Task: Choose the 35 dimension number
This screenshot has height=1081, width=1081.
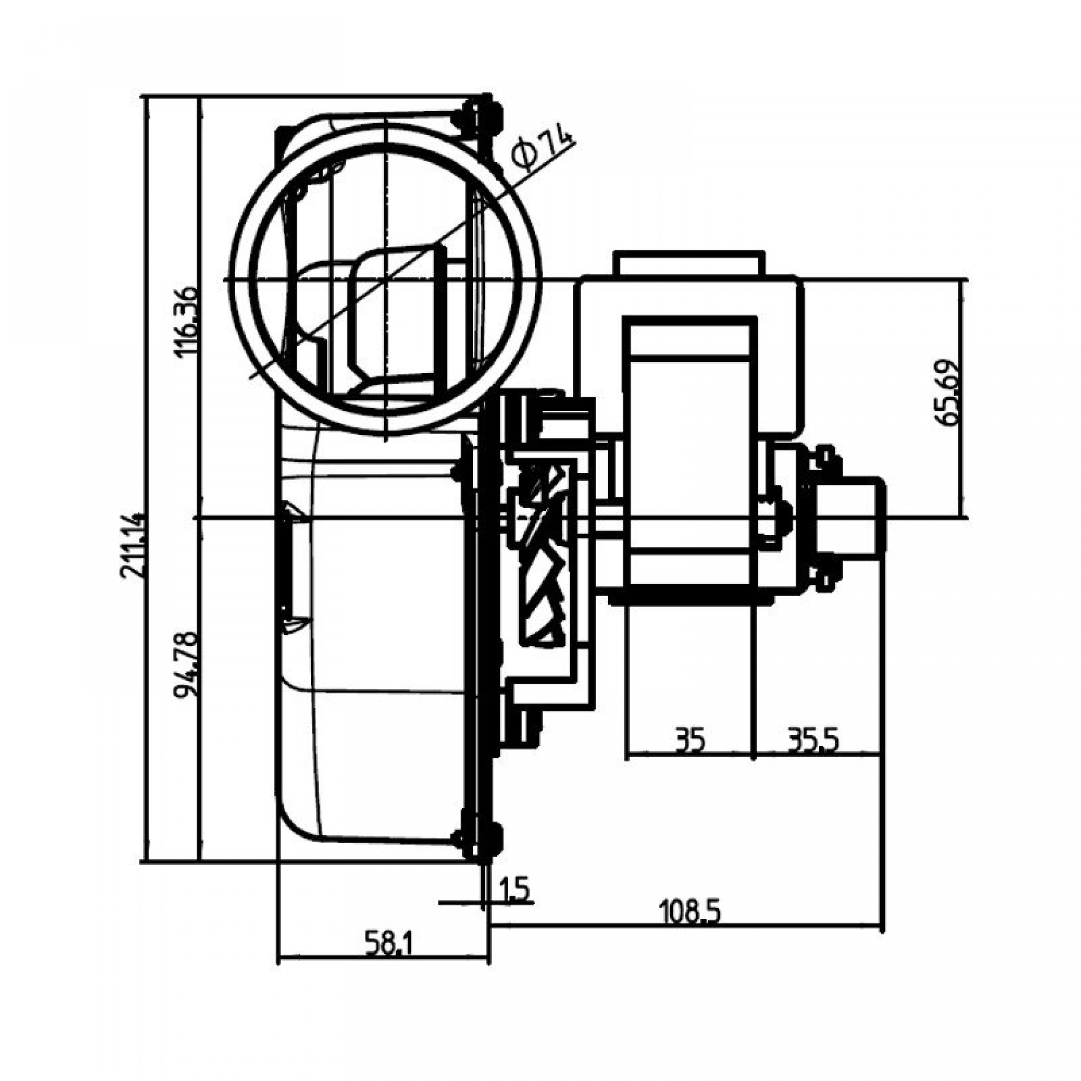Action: click(689, 741)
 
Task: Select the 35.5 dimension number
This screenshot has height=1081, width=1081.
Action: click(813, 741)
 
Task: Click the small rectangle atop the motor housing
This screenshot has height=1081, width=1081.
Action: click(689, 263)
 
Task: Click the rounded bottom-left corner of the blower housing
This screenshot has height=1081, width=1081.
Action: click(297, 828)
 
